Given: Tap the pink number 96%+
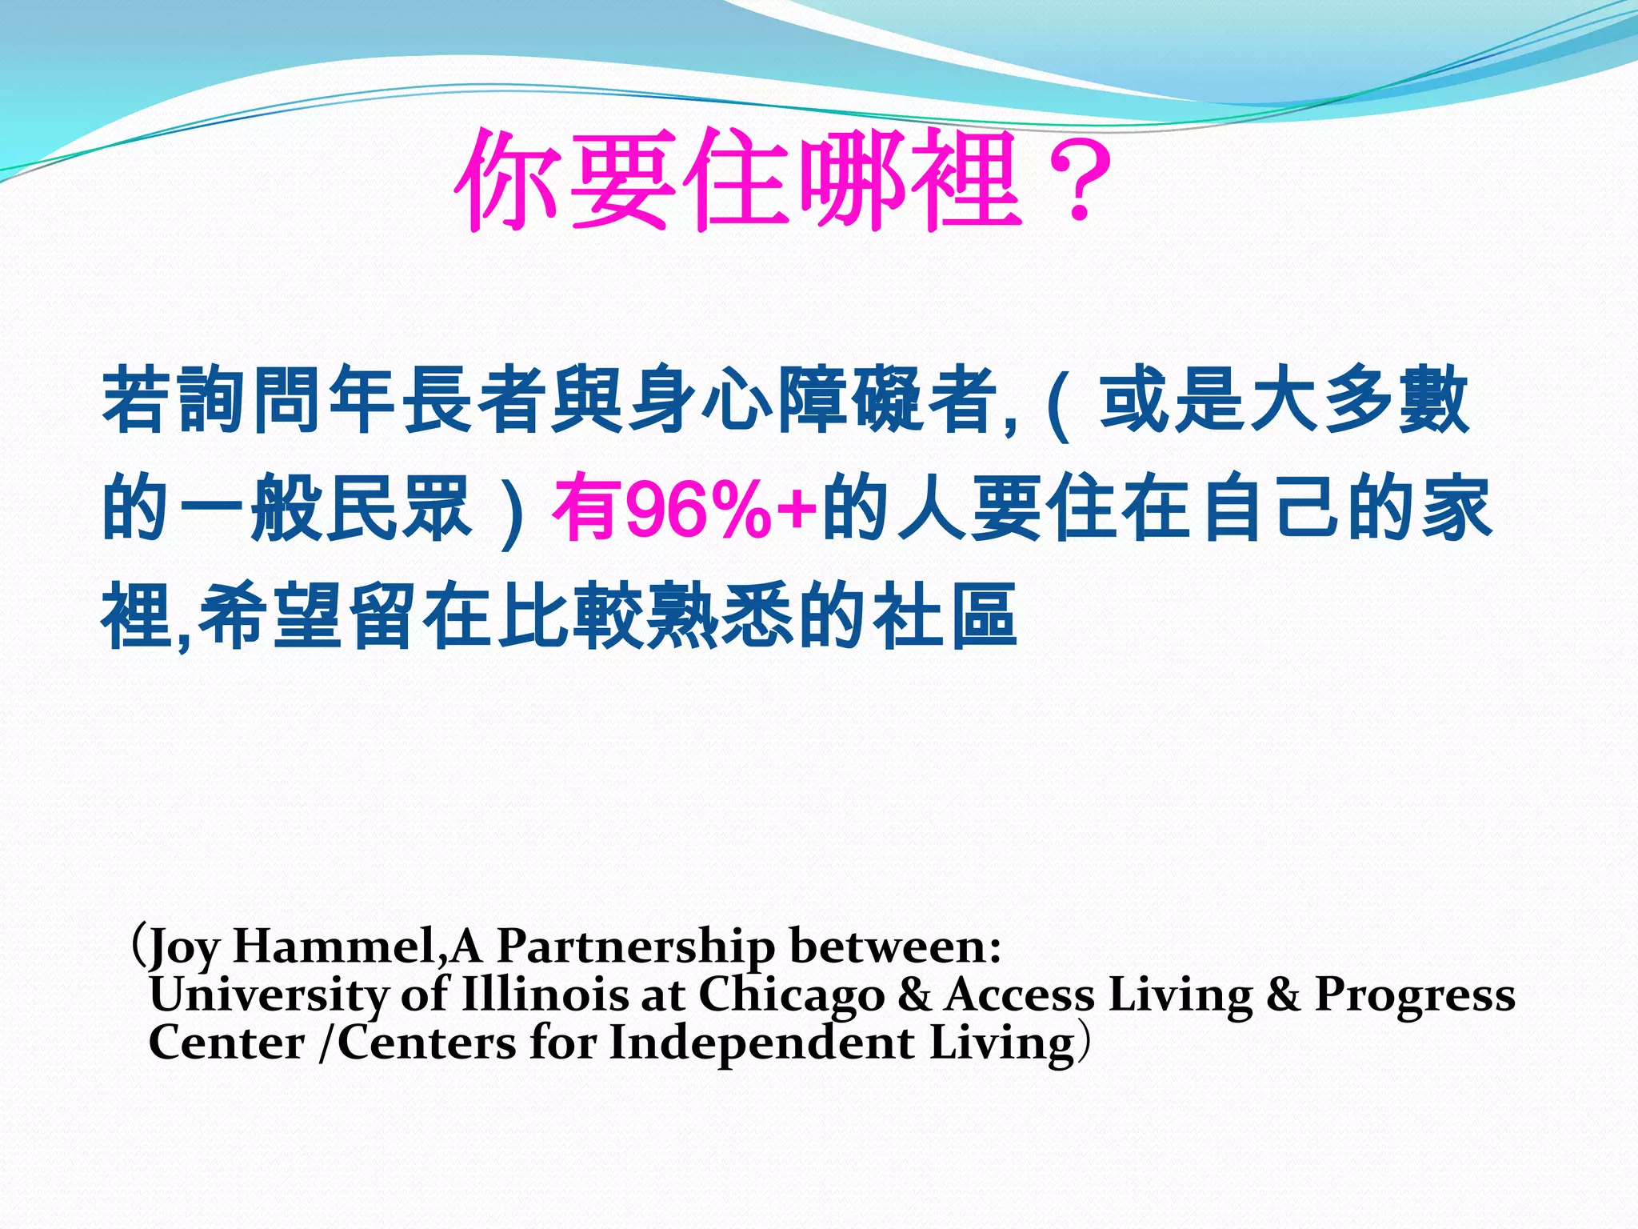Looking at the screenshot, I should point(721,509).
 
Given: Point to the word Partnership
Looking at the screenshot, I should point(636,947).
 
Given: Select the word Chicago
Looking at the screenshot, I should point(792,996).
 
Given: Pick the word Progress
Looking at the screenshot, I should point(1415,996).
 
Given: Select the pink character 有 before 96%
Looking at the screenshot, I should point(587,508).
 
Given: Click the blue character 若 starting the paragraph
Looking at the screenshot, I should point(137,399).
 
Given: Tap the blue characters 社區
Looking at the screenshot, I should point(945,616).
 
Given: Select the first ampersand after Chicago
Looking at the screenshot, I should point(914,995).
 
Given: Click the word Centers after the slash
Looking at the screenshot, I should point(427,1043).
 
